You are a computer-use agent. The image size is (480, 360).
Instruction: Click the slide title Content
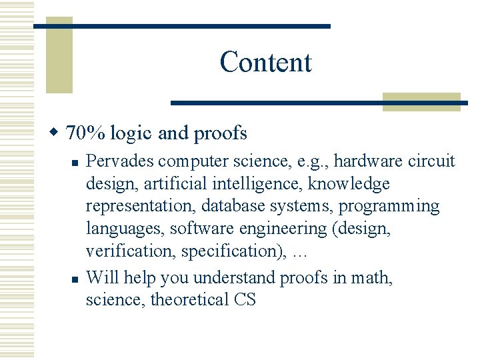click(265, 62)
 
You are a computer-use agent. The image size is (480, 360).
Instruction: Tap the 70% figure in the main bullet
click(85, 133)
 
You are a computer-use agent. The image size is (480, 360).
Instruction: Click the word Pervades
click(121, 161)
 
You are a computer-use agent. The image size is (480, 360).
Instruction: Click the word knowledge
click(349, 183)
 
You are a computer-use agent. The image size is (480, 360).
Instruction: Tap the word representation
click(141, 206)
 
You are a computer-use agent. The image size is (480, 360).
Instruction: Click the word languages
click(125, 229)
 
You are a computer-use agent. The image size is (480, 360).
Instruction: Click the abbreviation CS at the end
click(245, 299)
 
